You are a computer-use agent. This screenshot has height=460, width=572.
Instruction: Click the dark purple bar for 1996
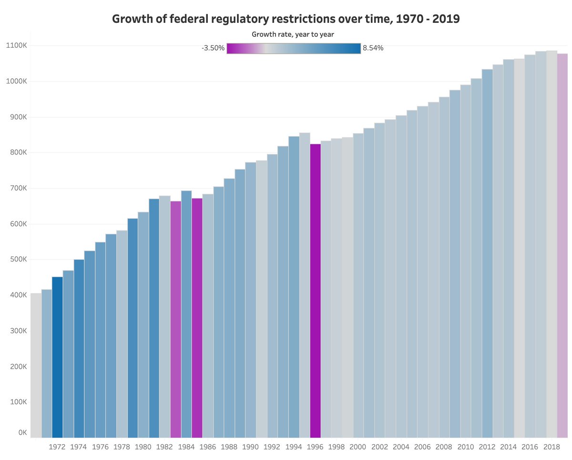[x=315, y=291]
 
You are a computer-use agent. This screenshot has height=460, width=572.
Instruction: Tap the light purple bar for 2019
[x=562, y=245]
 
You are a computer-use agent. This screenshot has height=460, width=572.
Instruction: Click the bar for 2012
[x=487, y=253]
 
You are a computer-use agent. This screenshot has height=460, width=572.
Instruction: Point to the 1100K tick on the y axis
[x=16, y=45]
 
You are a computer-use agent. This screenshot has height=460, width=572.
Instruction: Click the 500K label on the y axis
[x=18, y=260]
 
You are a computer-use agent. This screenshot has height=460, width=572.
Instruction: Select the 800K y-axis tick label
[x=18, y=153]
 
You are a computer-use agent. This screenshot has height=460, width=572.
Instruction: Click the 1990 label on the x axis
[x=251, y=447]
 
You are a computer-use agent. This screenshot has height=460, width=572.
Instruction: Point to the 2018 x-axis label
[x=552, y=447]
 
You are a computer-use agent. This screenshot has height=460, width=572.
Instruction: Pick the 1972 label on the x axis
[x=57, y=447]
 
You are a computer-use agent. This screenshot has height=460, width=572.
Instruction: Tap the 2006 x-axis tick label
[x=423, y=447]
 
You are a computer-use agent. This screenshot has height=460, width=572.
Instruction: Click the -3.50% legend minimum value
[x=213, y=48]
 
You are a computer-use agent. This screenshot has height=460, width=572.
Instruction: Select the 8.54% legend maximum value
[x=373, y=48]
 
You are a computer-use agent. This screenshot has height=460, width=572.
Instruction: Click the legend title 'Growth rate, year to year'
[x=293, y=34]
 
